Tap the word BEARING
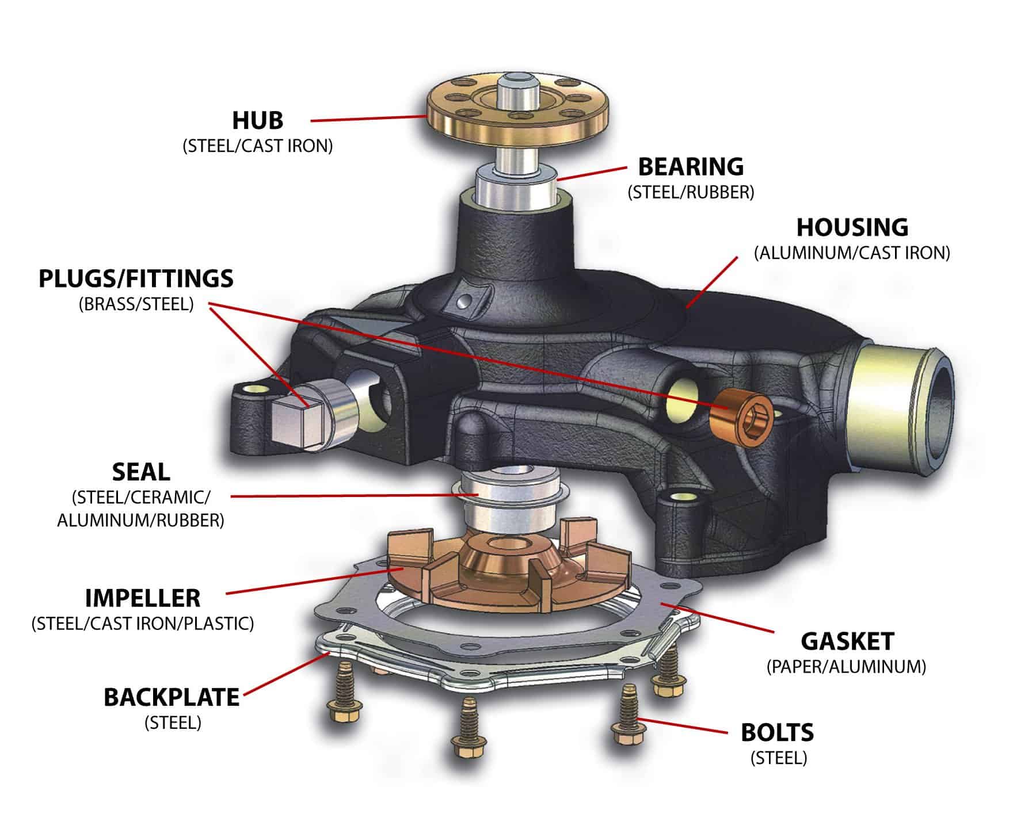tap(691, 167)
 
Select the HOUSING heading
tap(852, 228)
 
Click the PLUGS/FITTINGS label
tap(136, 278)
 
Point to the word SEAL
tap(141, 472)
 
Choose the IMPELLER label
tap(143, 598)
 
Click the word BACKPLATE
tap(172, 697)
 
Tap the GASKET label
tap(847, 641)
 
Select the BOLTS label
tap(777, 733)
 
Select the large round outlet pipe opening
tap(932, 414)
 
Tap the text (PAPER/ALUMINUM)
tap(846, 667)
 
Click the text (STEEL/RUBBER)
tap(691, 192)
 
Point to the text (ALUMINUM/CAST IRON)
tap(852, 253)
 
